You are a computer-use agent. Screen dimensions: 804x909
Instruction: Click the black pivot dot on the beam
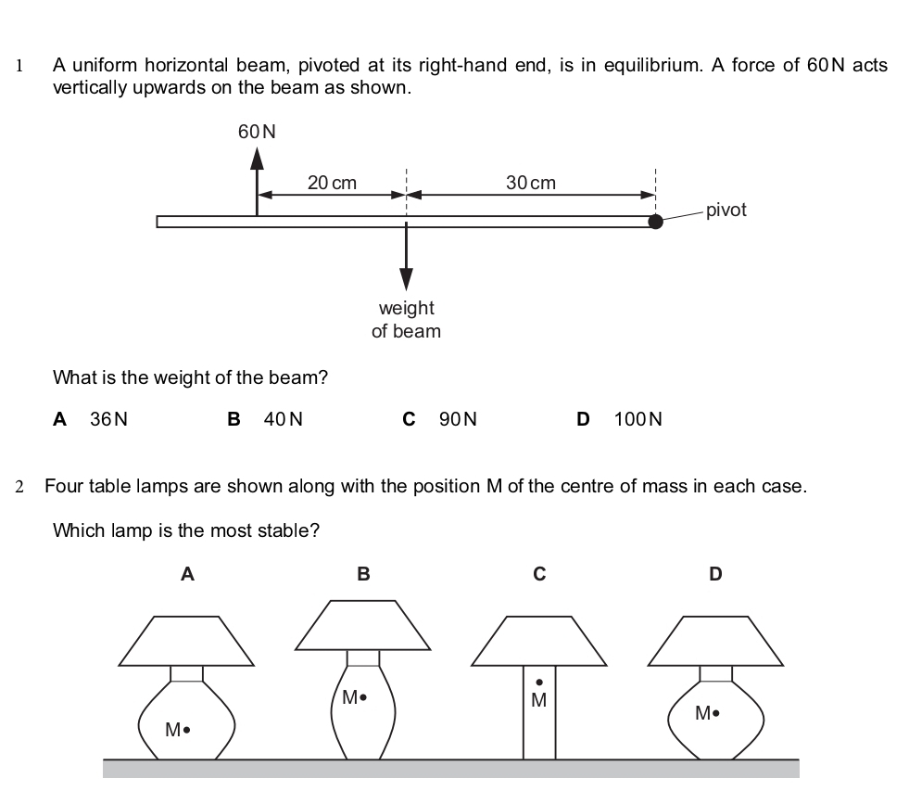coord(655,221)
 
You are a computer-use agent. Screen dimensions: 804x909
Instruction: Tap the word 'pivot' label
coord(726,210)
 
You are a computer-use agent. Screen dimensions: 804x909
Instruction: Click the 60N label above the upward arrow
coord(257,132)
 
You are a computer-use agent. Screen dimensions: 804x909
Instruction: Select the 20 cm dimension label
coord(332,183)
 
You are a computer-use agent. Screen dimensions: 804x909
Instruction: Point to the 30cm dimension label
coord(531,183)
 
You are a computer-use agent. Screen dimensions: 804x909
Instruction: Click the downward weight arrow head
coord(406,281)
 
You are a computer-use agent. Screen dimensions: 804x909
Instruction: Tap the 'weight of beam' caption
coord(406,319)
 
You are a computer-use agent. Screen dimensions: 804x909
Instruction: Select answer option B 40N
coord(265,419)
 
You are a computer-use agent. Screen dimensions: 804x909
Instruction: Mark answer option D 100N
coord(619,419)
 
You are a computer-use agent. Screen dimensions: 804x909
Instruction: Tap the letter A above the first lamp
coord(187,574)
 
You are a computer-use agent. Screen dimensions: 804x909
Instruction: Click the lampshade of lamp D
coord(714,641)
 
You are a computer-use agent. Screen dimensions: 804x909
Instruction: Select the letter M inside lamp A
coord(172,730)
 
